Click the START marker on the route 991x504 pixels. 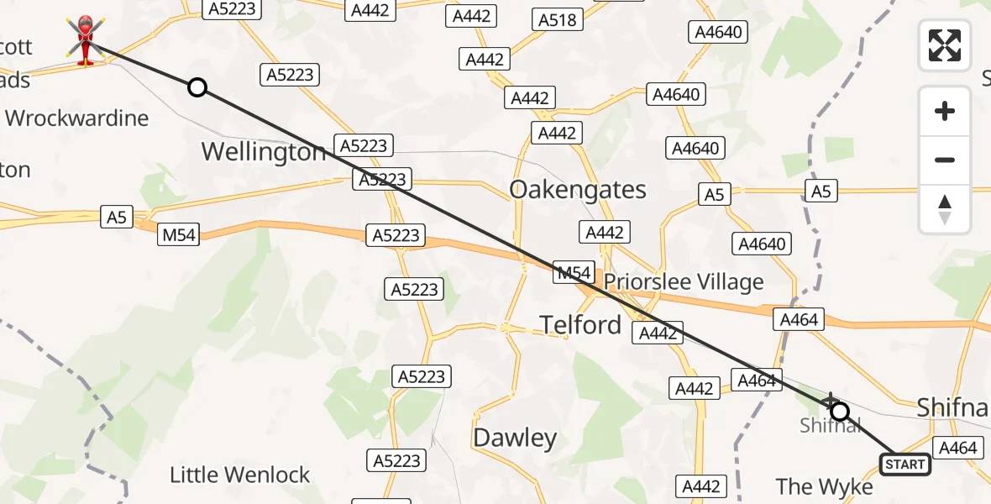904,464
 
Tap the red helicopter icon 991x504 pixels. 86,39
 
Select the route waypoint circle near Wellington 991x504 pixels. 197,87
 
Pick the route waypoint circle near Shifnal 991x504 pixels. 839,412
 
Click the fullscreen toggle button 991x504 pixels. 945,45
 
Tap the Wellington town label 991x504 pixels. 264,152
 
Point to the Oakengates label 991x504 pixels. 578,190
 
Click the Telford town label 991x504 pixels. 581,324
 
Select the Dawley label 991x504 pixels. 515,438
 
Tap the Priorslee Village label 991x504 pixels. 684,282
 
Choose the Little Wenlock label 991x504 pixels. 240,475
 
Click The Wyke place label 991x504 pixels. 824,486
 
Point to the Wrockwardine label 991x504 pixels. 77,118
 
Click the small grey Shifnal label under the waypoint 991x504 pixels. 831,426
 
